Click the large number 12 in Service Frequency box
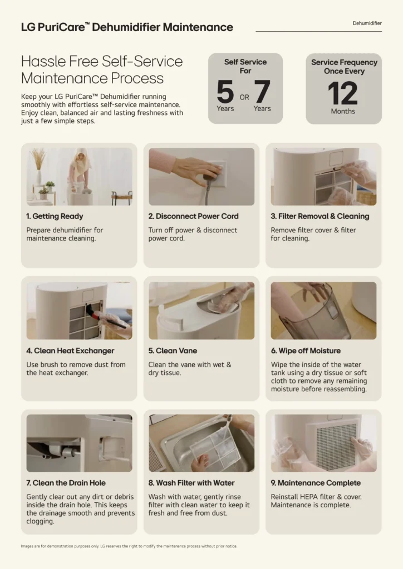coord(343,93)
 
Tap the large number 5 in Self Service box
coord(225,92)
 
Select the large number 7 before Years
coord(262,92)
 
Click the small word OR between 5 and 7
coord(244,97)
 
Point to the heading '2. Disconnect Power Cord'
coord(193,216)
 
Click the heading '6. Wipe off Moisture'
coord(306,351)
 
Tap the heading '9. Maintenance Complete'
coord(316,483)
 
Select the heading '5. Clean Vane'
coord(173,351)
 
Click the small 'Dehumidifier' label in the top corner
coord(367,23)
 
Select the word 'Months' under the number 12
coord(343,111)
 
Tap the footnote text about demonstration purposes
coord(129,546)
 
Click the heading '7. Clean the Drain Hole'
coord(66,483)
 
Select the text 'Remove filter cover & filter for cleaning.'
coord(313,234)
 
